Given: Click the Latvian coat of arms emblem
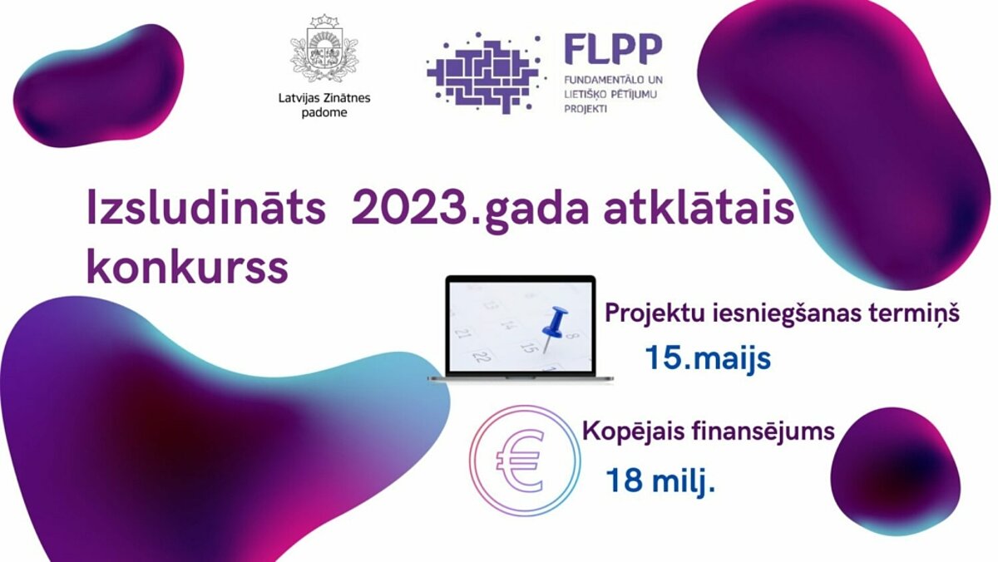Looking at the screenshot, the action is point(324,48).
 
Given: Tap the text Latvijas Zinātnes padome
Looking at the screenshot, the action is point(324,105).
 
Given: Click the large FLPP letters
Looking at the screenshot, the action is point(613,49).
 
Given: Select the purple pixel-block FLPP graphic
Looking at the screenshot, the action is point(485,72).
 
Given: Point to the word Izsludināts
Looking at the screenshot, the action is point(206,209).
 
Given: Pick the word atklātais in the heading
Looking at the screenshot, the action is point(699,209).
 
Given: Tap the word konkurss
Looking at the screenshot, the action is point(187,267).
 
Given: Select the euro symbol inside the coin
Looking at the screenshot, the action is point(521,460).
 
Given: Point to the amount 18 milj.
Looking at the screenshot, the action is point(660,480).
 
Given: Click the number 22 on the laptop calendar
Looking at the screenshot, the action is point(482,357).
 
